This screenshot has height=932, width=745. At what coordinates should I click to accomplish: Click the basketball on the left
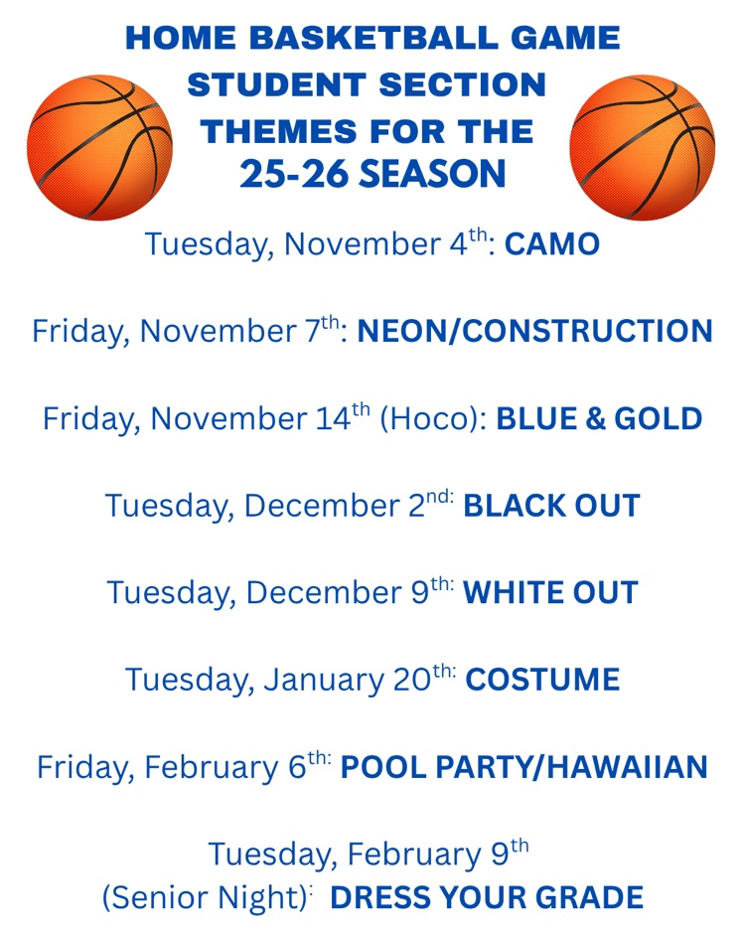click(98, 147)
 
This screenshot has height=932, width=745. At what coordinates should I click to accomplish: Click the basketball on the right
click(644, 147)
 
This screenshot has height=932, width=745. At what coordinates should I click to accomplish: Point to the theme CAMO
click(552, 244)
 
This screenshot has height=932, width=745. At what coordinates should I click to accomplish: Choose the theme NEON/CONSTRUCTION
click(534, 331)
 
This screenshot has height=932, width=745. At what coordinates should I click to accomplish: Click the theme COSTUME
click(542, 681)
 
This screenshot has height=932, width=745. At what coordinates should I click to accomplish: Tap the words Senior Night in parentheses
click(202, 898)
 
